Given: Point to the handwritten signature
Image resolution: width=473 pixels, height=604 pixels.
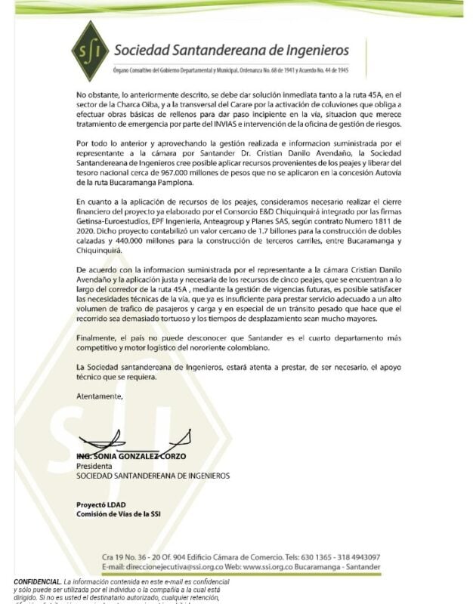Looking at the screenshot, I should [121, 442].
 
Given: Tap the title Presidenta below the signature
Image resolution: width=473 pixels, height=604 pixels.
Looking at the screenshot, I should [94, 467].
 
